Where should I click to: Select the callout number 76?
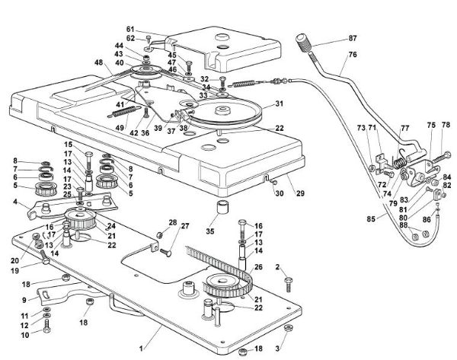353,53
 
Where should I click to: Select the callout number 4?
14,202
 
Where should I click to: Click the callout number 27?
184,227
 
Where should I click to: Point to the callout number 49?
120,129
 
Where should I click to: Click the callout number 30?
280,193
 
